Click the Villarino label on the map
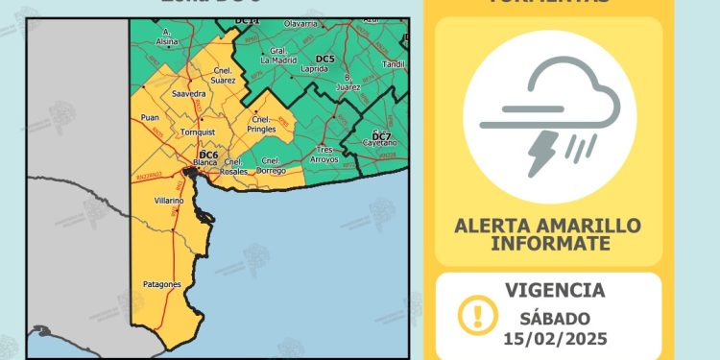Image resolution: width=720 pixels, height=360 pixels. click(169, 201)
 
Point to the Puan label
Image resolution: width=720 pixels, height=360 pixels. click(150, 118)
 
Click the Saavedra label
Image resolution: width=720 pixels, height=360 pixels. click(188, 94)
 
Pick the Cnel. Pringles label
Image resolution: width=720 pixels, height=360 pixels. click(262, 124)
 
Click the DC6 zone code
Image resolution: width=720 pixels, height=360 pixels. click(208, 155)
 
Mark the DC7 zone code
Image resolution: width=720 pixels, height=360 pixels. click(381, 135)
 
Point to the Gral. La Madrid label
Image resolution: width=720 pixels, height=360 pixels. click(279, 55)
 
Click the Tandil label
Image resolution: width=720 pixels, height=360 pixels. click(394, 64)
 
